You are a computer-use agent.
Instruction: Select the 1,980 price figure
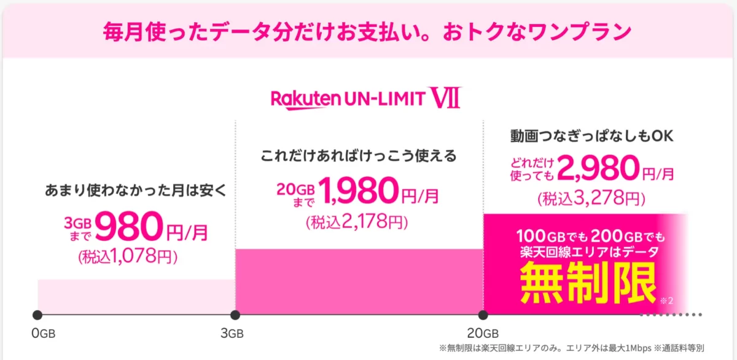tap(354, 191)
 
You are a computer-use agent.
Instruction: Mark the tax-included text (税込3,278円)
tap(591, 198)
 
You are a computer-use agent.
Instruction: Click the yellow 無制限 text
tap(587, 283)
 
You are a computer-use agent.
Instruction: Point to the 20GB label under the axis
tap(482, 334)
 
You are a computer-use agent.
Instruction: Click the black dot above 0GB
tap(37, 315)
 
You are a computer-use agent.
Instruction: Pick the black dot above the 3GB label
tap(235, 315)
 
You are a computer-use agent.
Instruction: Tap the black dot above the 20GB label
tap(483, 315)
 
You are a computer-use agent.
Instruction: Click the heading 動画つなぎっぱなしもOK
tap(592, 136)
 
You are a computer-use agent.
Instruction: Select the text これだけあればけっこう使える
tap(359, 155)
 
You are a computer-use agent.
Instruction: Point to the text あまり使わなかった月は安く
tap(136, 190)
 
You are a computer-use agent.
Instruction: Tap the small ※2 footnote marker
tap(667, 301)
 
